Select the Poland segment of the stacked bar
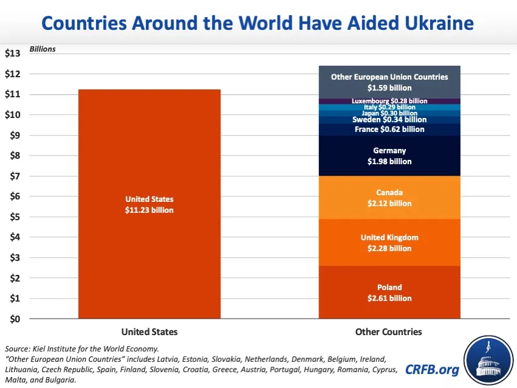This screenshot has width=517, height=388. [389, 293]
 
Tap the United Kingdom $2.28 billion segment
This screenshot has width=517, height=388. [389, 243]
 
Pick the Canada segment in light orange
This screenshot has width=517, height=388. [389, 198]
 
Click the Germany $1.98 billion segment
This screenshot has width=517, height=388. [389, 156]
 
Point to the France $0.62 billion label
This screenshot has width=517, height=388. [389, 130]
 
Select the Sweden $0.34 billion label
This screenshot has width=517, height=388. [389, 120]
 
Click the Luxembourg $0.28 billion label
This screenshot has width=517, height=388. [389, 101]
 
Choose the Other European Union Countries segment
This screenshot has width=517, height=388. [389, 82]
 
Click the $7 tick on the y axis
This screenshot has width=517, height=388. [14, 176]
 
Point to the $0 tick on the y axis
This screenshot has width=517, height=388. [14, 319]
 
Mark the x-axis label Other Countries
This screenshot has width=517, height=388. [388, 332]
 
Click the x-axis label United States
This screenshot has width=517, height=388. [149, 332]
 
